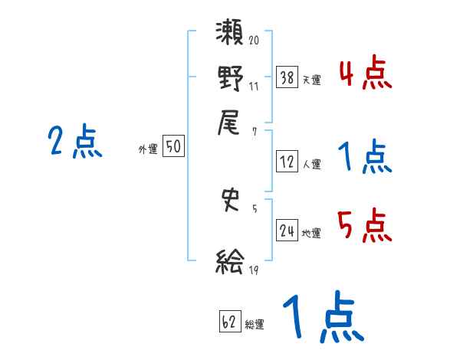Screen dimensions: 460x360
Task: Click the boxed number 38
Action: [287, 77]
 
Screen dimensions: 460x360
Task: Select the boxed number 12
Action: [287, 162]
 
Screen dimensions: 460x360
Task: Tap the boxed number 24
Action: [287, 231]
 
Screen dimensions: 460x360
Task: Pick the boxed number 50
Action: [173, 147]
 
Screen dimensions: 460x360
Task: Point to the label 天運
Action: [312, 80]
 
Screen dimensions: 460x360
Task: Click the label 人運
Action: [312, 164]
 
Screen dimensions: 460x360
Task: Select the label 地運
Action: [312, 233]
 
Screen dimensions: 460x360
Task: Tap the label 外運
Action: [148, 149]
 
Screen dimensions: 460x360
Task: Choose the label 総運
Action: [255, 324]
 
